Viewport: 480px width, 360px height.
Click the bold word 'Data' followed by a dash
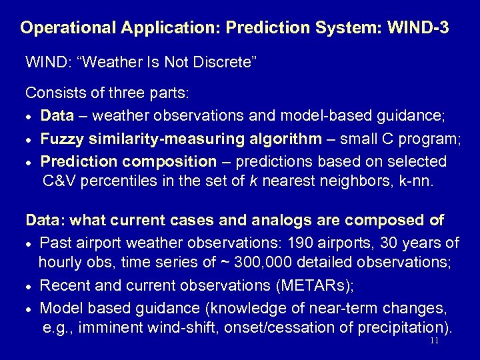click(x=57, y=116)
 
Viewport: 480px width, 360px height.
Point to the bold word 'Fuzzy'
click(x=59, y=139)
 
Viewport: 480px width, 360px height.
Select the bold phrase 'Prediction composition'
click(x=128, y=161)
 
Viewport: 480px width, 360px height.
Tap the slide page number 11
click(x=434, y=340)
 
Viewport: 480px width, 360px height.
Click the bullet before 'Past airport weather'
click(x=29, y=242)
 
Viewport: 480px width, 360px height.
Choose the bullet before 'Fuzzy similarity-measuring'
click(x=29, y=140)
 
